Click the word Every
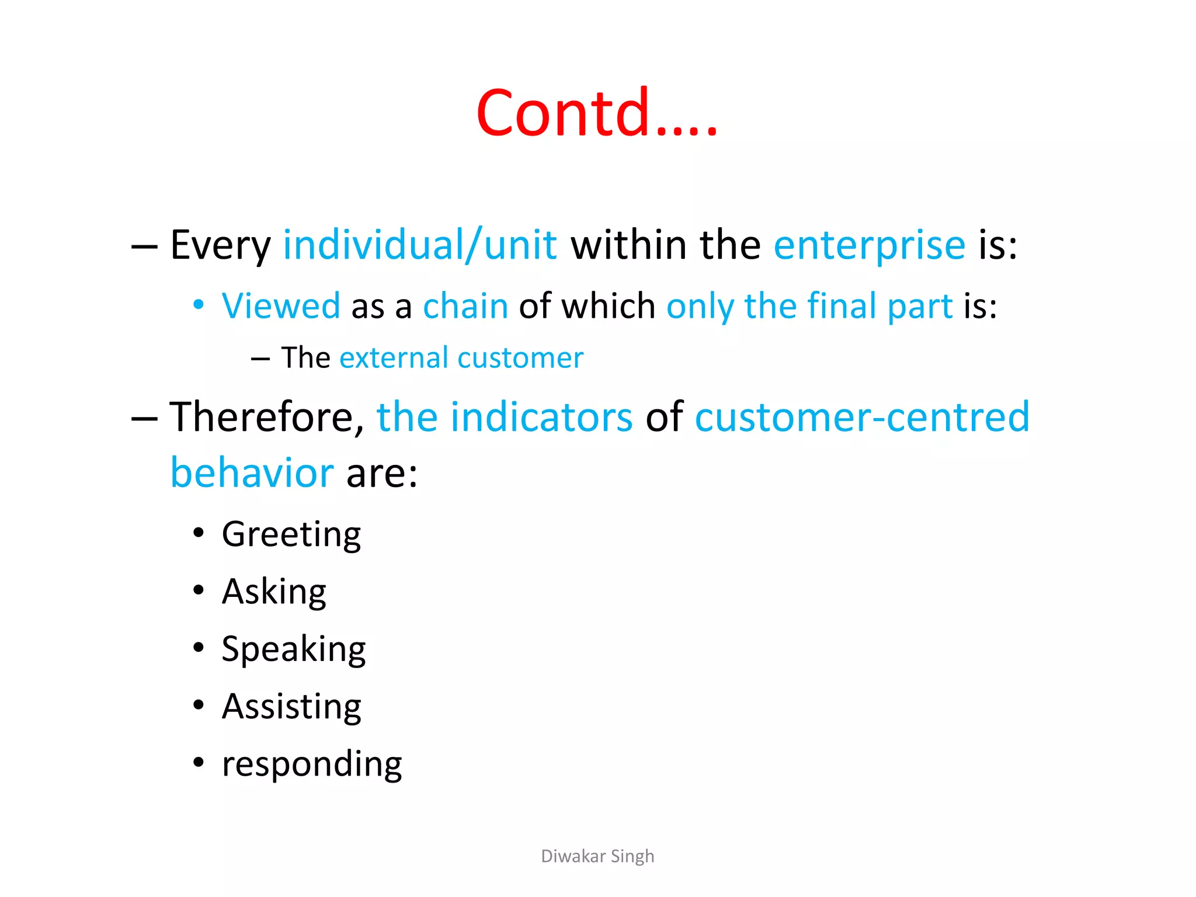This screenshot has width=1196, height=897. (220, 245)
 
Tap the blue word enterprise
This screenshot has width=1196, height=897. (869, 245)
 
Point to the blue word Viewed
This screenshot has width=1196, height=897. (281, 305)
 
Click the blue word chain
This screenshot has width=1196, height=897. (465, 305)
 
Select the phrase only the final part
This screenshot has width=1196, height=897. (809, 306)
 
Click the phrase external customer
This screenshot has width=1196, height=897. (461, 357)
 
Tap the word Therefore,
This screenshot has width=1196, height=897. (267, 417)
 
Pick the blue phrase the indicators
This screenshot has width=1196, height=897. (505, 417)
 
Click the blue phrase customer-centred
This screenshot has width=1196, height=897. (862, 417)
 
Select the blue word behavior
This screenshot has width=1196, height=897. (252, 472)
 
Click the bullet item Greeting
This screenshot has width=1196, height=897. (291, 534)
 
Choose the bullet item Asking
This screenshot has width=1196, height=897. (274, 592)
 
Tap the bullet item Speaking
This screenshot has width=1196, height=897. (293, 649)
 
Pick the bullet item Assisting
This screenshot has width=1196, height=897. (291, 707)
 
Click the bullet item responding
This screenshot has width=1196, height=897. (312, 764)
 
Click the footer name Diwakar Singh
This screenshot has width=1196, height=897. (597, 856)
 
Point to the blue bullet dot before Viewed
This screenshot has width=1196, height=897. (199, 304)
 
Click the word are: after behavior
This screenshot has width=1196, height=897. (382, 472)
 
